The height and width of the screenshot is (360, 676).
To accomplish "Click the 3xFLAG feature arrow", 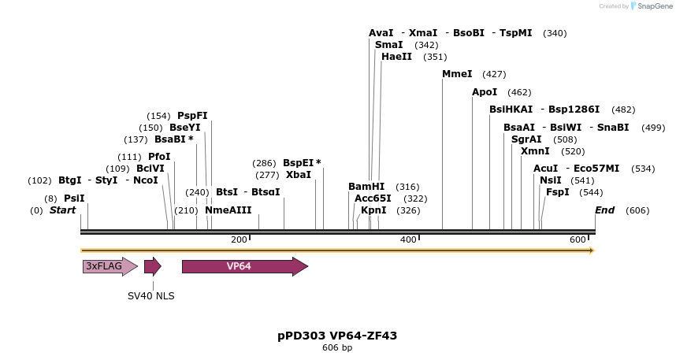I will pyautogui.click(x=110, y=266).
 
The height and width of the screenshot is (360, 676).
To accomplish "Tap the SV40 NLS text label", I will pyautogui.click(x=151, y=296).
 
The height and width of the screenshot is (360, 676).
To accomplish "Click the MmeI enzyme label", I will pyautogui.click(x=457, y=74).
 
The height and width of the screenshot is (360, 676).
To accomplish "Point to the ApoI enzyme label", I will pyautogui.click(x=485, y=92).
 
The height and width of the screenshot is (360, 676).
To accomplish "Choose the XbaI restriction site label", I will pyautogui.click(x=299, y=175).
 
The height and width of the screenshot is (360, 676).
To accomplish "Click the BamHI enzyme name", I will pyautogui.click(x=366, y=187).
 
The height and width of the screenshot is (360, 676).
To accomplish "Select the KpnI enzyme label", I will pyautogui.click(x=373, y=210).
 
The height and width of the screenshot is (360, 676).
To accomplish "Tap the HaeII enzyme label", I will pyautogui.click(x=396, y=57).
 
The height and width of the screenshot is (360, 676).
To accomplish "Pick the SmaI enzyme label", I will pyautogui.click(x=388, y=45).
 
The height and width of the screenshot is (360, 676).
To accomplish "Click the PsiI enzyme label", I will pyautogui.click(x=74, y=199).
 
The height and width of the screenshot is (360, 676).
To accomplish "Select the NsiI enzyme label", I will pyautogui.click(x=551, y=180).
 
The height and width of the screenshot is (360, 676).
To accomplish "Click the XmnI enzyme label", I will pyautogui.click(x=535, y=151).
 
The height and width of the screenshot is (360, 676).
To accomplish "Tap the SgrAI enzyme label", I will pyautogui.click(x=526, y=139).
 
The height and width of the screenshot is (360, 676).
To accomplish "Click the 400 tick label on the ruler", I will pyautogui.click(x=408, y=239).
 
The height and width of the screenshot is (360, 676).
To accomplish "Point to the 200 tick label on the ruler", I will pyautogui.click(x=239, y=239).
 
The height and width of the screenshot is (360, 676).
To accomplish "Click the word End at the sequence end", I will pyautogui.click(x=604, y=210).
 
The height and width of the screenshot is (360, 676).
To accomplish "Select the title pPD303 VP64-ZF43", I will pyautogui.click(x=337, y=336).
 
